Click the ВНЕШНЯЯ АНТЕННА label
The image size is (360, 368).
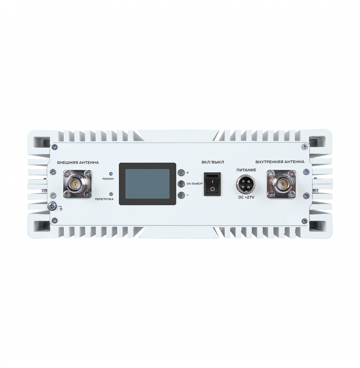point(78,162)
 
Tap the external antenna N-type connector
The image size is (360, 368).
point(77,184)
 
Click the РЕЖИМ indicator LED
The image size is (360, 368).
point(111,174)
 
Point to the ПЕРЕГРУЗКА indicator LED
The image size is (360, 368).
point(111,194)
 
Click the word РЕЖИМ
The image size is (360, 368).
point(108,179)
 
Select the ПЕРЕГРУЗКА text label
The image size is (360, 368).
point(104,199)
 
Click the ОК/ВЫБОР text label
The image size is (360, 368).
point(194,184)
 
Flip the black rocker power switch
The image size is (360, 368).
point(213,184)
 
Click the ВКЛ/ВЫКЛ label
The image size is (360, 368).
point(213,162)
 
